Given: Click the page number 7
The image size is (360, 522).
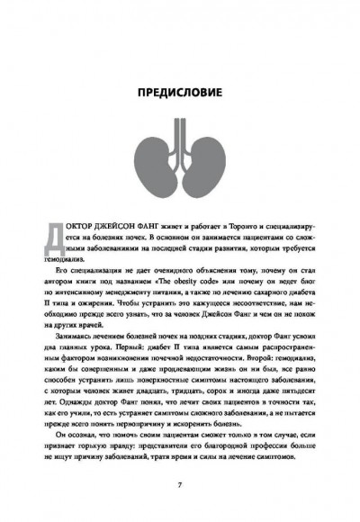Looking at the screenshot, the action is coord(180,484).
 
